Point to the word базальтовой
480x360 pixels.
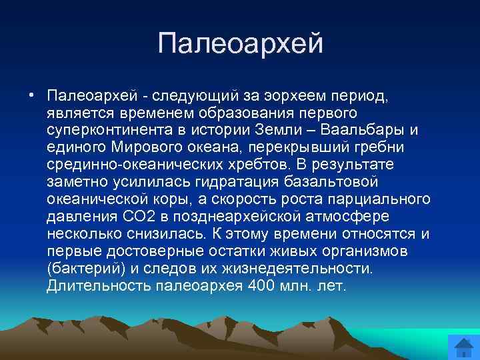point(337,181)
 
